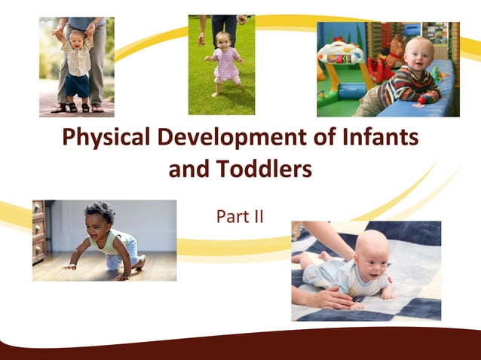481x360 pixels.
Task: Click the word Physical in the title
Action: pos(104,139)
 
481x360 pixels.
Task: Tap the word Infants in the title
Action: pos(375,139)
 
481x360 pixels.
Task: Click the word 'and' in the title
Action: pos(190,170)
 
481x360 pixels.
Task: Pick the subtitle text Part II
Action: pos(240,217)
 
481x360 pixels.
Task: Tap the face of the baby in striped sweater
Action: pos(409,56)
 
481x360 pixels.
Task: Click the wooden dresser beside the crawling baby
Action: pos(38,230)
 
